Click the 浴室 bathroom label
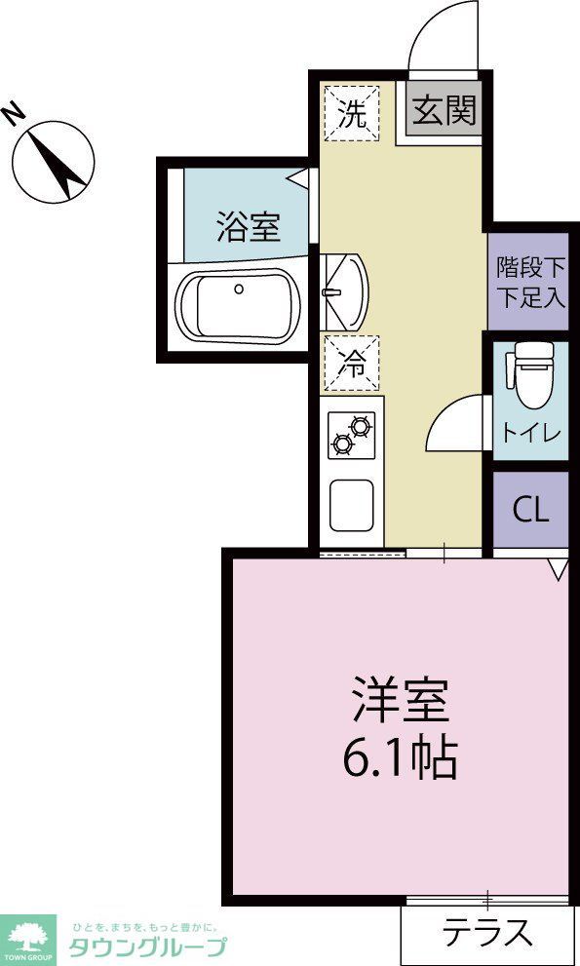coord(248,227)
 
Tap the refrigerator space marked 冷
coord(352,364)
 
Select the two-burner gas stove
coord(351,434)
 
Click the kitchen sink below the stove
coord(352,503)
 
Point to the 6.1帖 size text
coord(400,755)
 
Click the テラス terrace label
coord(488,934)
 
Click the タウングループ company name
coord(146,945)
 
